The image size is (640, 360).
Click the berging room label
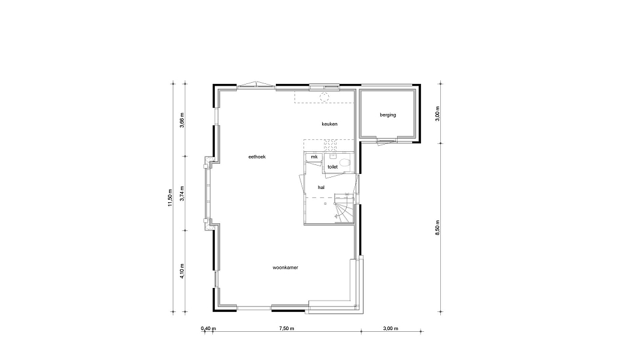pyautogui.click(x=387, y=115)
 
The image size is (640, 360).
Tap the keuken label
pyautogui.click(x=329, y=124)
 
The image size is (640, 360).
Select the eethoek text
pyautogui.click(x=257, y=157)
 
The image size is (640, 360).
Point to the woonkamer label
pyautogui.click(x=286, y=268)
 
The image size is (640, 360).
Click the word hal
pyautogui.click(x=321, y=187)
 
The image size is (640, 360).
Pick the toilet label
pyautogui.click(x=333, y=167)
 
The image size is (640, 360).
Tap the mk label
pyautogui.click(x=314, y=157)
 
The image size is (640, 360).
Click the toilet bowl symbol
pyautogui.click(x=345, y=163)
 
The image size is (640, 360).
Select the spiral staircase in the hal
pyautogui.click(x=344, y=208)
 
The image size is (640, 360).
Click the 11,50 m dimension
pyautogui.click(x=170, y=198)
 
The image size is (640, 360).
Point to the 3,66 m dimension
pyautogui.click(x=182, y=120)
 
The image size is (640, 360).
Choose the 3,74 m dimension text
pyautogui.click(x=182, y=193)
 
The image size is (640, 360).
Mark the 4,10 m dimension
pyautogui.click(x=182, y=271)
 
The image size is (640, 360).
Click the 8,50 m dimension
pyautogui.click(x=437, y=228)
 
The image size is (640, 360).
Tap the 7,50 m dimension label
pyautogui.click(x=287, y=329)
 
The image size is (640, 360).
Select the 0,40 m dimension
pyautogui.click(x=208, y=329)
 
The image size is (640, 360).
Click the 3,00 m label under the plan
pyautogui.click(x=390, y=329)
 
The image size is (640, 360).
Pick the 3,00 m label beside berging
pyautogui.click(x=437, y=113)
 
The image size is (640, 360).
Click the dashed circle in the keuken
pyautogui.click(x=324, y=97)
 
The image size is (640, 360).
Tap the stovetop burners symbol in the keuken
pyautogui.click(x=330, y=145)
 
